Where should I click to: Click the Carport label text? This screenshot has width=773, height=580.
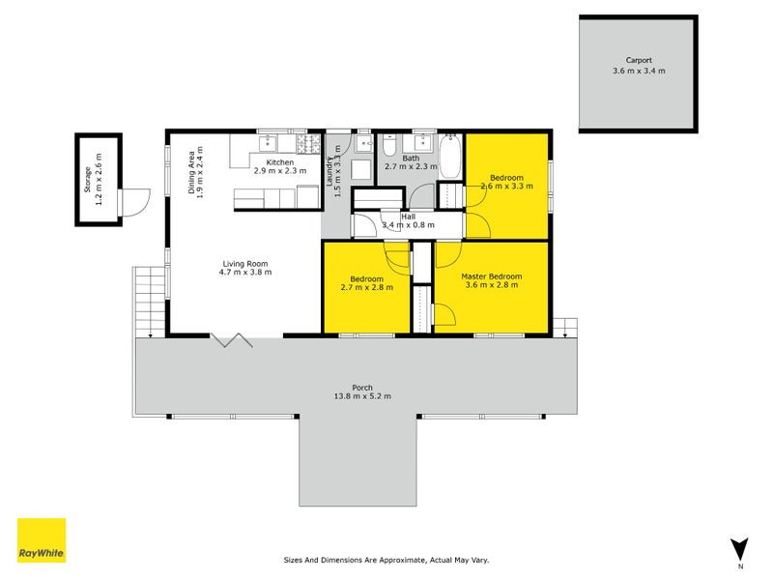tap(638, 60)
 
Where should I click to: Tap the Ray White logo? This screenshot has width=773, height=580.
tap(42, 540)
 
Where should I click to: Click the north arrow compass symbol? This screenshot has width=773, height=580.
tap(739, 549)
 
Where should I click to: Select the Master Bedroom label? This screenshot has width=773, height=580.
tap(491, 275)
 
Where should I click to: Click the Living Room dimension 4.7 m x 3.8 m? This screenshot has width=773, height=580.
tap(245, 273)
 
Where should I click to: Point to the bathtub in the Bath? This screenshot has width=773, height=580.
tap(451, 156)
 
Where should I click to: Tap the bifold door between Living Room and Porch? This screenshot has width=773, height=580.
tap(232, 339)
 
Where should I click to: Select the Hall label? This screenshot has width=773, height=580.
tap(408, 217)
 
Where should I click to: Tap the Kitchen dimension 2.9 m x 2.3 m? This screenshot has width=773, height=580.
tap(280, 171)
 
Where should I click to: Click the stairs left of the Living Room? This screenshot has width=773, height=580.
tap(150, 301)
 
